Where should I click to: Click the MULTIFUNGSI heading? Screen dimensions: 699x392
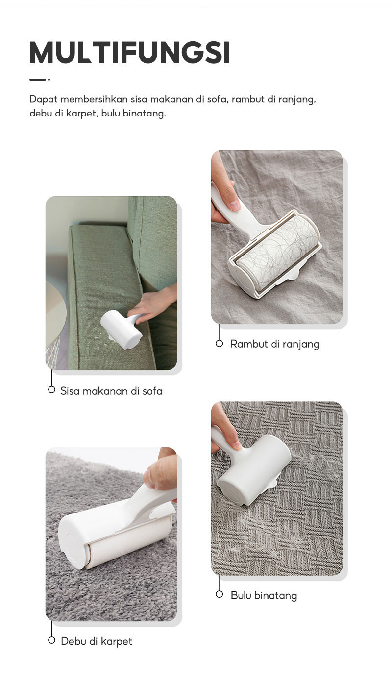pos(130,53)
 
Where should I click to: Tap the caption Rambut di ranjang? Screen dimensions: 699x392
pos(274,344)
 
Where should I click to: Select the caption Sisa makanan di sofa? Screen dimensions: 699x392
pos(111,391)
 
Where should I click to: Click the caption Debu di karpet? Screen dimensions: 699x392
pos(97,641)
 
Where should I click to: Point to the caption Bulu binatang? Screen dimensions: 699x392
pos(264,596)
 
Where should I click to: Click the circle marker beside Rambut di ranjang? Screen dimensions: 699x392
pos(220,344)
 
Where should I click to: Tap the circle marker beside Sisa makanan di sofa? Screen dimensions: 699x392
pos(51,390)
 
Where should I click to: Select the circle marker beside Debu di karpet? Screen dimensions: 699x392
pos(51,640)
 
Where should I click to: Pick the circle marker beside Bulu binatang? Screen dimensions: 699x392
pos(220,595)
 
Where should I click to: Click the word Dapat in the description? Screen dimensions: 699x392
pos(43,99)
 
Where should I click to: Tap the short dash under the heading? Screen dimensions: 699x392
pos(38,79)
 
